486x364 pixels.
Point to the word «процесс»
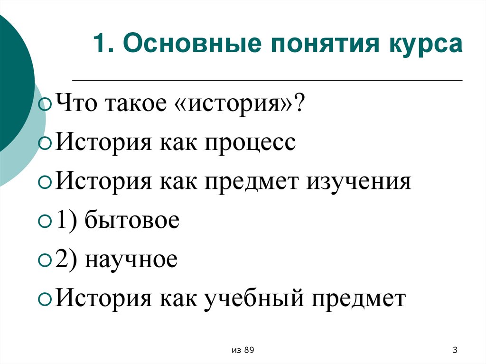[250, 143]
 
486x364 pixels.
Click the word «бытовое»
[132, 221]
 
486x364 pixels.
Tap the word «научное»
[131, 261]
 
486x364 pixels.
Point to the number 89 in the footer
[249, 350]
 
